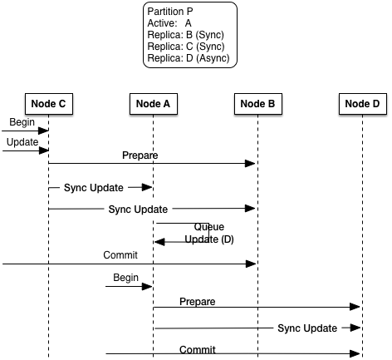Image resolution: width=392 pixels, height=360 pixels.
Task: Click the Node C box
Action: [48, 103]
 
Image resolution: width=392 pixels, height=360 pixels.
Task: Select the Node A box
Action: [153, 103]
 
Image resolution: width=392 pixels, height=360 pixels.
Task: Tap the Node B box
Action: [257, 103]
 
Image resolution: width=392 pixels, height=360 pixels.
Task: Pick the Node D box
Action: [362, 103]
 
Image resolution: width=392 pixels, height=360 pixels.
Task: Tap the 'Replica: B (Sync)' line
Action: [185, 35]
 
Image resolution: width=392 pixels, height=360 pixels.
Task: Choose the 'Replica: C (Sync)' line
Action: [185, 47]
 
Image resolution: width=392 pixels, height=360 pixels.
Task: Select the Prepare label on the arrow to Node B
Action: [140, 155]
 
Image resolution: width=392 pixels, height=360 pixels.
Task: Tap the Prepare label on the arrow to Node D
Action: [197, 301]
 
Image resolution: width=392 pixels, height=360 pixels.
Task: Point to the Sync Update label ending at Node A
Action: [93, 188]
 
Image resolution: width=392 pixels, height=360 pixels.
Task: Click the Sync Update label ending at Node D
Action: [307, 328]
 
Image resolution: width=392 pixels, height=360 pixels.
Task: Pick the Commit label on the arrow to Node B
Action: [120, 254]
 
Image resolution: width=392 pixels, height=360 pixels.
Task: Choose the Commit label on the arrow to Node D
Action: [197, 350]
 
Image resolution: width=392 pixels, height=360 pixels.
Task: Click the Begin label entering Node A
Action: [127, 276]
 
